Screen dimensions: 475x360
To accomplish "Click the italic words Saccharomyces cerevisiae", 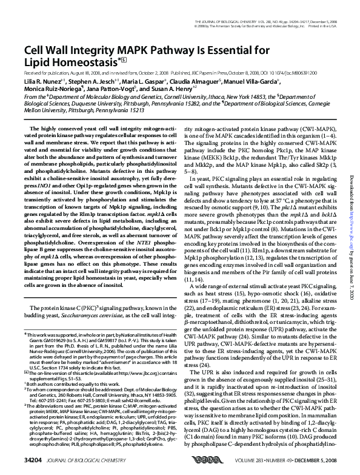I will pyautogui.click(x=92, y=316).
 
